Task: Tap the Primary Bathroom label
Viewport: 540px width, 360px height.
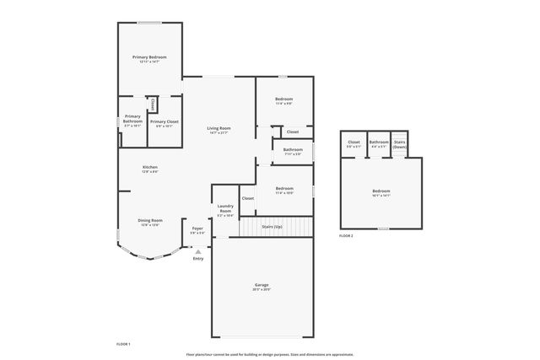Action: coord(132,119)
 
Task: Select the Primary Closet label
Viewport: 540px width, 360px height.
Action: coord(164,121)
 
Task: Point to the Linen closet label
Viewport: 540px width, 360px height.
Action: coord(152,104)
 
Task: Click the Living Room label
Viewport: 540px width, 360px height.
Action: coord(219,128)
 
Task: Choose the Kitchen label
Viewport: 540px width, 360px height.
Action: coord(149,167)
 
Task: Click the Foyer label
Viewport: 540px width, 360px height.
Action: coord(197,228)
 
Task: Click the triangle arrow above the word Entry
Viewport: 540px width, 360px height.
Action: coord(198,250)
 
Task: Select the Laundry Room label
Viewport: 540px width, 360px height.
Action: coord(225,208)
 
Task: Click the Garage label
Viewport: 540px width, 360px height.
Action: coord(262,285)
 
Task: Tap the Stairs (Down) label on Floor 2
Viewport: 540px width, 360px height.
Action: coord(400,144)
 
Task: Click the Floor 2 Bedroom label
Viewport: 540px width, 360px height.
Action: coord(381,191)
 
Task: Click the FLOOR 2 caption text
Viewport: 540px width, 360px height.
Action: coord(346,236)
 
